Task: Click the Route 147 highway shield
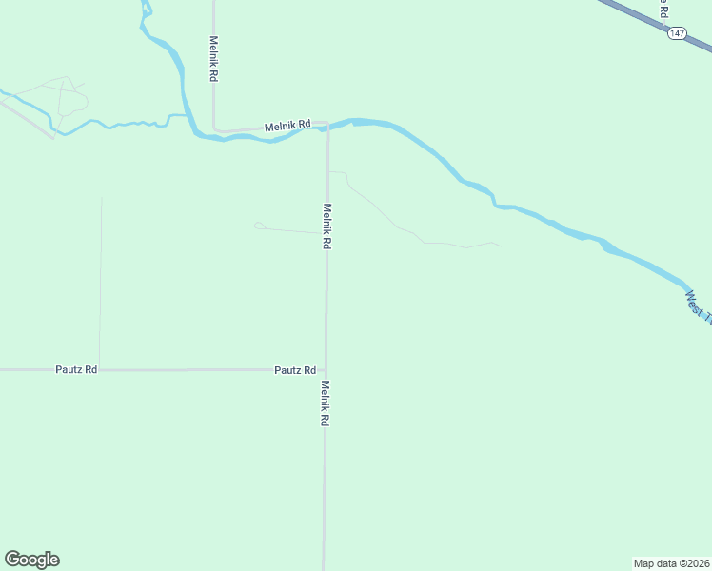click(676, 33)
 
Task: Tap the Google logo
click(31, 560)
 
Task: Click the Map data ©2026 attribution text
click(671, 563)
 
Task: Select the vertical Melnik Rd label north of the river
click(214, 59)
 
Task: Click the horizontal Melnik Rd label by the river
click(287, 125)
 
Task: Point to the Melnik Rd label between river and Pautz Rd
click(326, 226)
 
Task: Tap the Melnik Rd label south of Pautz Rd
click(325, 404)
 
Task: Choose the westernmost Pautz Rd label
click(76, 369)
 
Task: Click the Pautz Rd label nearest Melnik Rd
click(294, 369)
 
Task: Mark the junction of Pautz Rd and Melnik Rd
click(326, 369)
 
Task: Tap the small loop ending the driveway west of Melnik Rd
click(259, 226)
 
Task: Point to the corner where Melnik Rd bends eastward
click(216, 128)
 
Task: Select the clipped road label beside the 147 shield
click(663, 10)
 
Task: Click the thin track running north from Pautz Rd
click(100, 285)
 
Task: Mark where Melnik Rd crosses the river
click(326, 126)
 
